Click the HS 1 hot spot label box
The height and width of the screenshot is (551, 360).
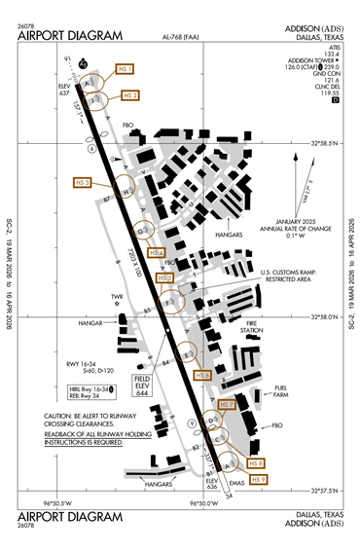click(x=124, y=70)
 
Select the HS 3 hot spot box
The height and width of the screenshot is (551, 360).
click(x=84, y=182)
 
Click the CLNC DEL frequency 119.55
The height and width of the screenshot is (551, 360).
click(x=333, y=92)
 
